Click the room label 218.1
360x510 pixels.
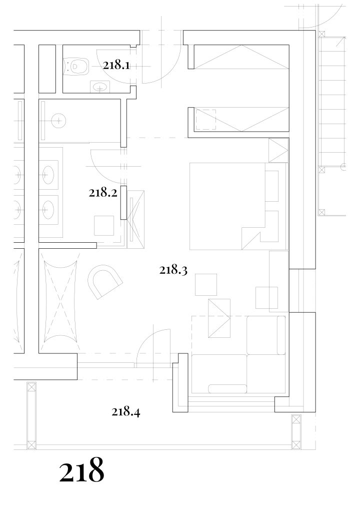click(x=116, y=66)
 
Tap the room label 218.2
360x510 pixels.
click(x=102, y=193)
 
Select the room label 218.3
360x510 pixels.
click(x=173, y=270)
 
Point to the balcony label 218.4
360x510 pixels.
click(x=125, y=412)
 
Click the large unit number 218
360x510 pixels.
click(x=81, y=470)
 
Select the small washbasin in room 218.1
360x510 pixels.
click(x=100, y=87)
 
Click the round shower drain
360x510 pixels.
click(x=59, y=121)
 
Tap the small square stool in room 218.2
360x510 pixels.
click(x=104, y=226)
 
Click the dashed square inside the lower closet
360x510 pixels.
click(x=205, y=120)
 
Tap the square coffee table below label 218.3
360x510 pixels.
click(x=206, y=285)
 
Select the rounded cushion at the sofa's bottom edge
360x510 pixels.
click(x=227, y=389)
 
